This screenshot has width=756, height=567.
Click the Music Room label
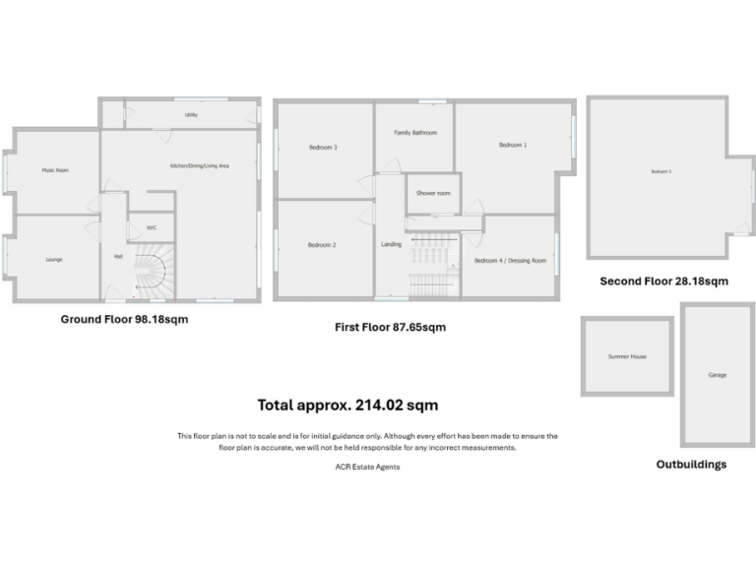(x=54, y=170)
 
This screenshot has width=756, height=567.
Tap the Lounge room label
(x=54, y=259)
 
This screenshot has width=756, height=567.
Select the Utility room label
(x=191, y=115)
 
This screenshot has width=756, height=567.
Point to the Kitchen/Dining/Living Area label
(x=199, y=165)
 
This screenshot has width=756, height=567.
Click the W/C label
(x=152, y=227)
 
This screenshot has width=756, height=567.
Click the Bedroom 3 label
(x=323, y=148)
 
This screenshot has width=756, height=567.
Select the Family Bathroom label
(x=415, y=132)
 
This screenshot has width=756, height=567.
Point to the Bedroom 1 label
(x=513, y=145)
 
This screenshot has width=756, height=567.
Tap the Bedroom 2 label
(x=322, y=244)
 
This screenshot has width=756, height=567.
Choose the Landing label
(x=391, y=244)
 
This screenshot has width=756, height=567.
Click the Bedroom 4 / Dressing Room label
(x=510, y=261)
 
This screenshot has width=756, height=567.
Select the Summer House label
(x=627, y=356)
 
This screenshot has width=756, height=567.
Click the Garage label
(x=717, y=375)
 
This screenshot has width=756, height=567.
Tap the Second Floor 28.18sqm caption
(x=664, y=282)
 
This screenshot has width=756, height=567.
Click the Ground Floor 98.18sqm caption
(x=125, y=319)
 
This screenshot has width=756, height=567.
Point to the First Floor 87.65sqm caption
(x=390, y=327)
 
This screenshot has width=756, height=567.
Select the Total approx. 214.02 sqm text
(x=347, y=405)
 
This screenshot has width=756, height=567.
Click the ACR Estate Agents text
(x=367, y=467)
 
